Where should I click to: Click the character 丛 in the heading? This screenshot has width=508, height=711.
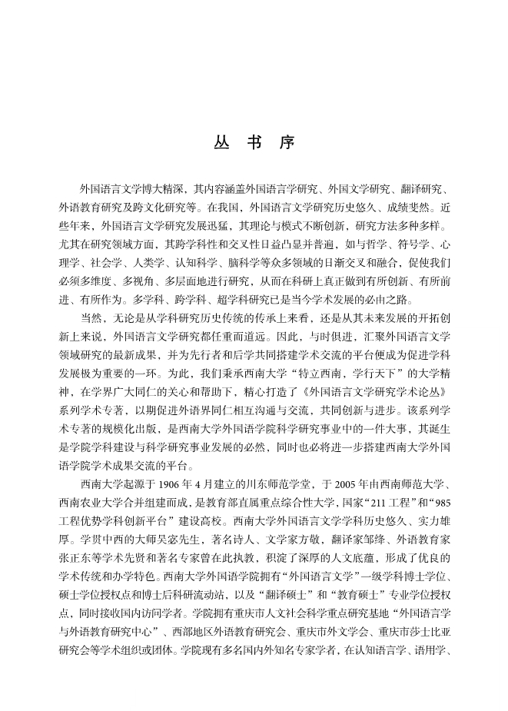(x=220, y=144)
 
